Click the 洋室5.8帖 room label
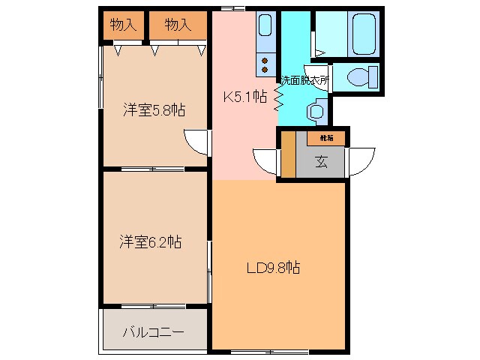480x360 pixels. [154, 110]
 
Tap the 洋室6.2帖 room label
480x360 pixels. [150, 242]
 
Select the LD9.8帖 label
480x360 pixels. [273, 267]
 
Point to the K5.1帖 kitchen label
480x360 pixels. [244, 96]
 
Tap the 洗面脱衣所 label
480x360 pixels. [304, 79]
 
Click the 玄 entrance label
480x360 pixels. [321, 161]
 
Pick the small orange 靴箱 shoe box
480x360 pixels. [326, 138]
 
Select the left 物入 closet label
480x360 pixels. [123, 25]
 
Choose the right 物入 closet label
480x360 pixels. [177, 25]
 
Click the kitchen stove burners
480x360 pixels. [265, 65]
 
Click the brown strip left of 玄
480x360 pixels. [288, 155]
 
